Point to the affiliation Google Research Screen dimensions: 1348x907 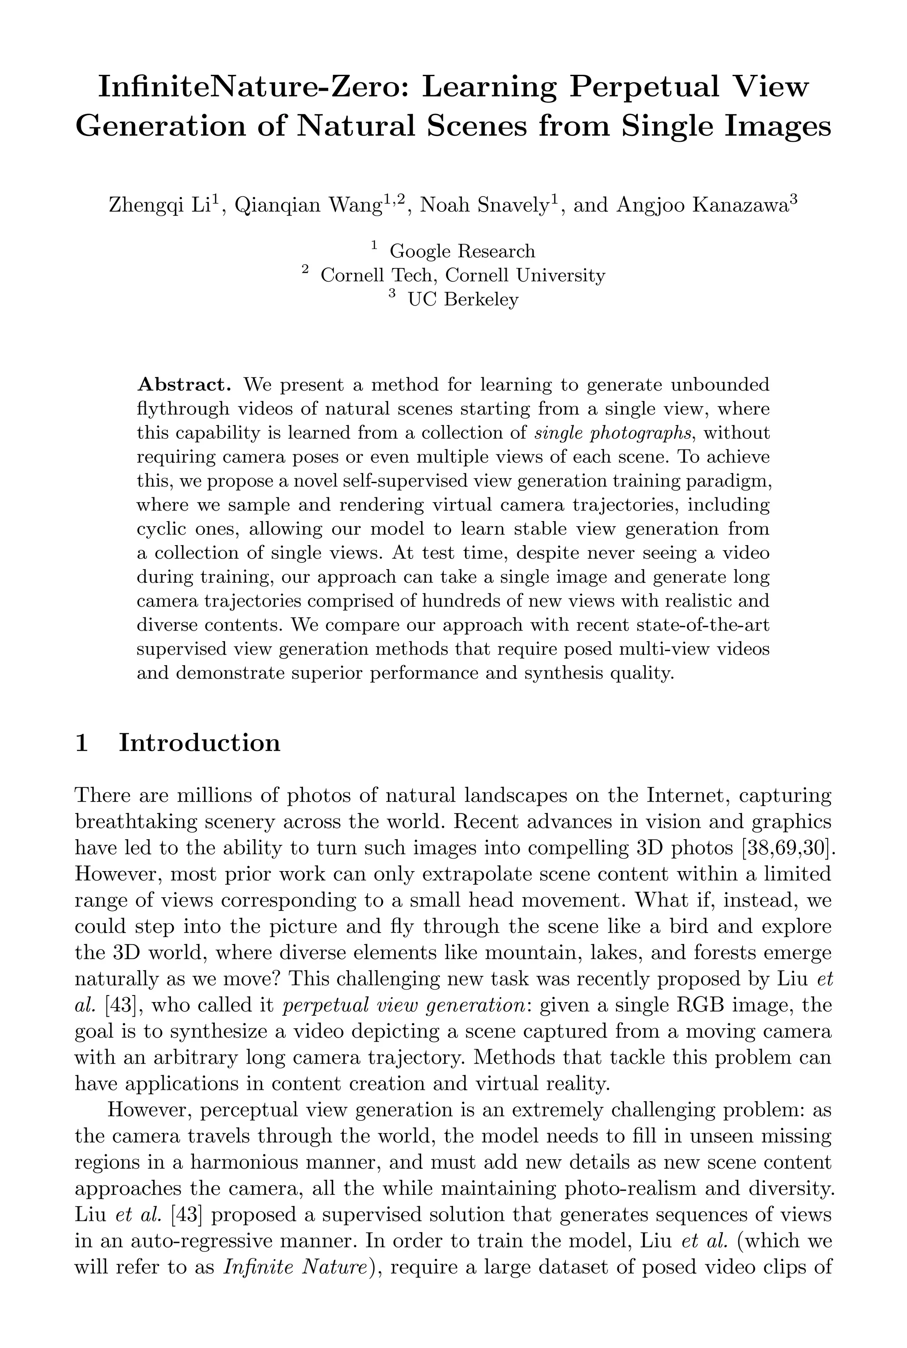point(462,252)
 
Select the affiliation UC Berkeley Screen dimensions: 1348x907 point(463,299)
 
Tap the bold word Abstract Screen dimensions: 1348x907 point(184,384)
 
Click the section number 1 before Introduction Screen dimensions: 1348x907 point(81,743)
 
